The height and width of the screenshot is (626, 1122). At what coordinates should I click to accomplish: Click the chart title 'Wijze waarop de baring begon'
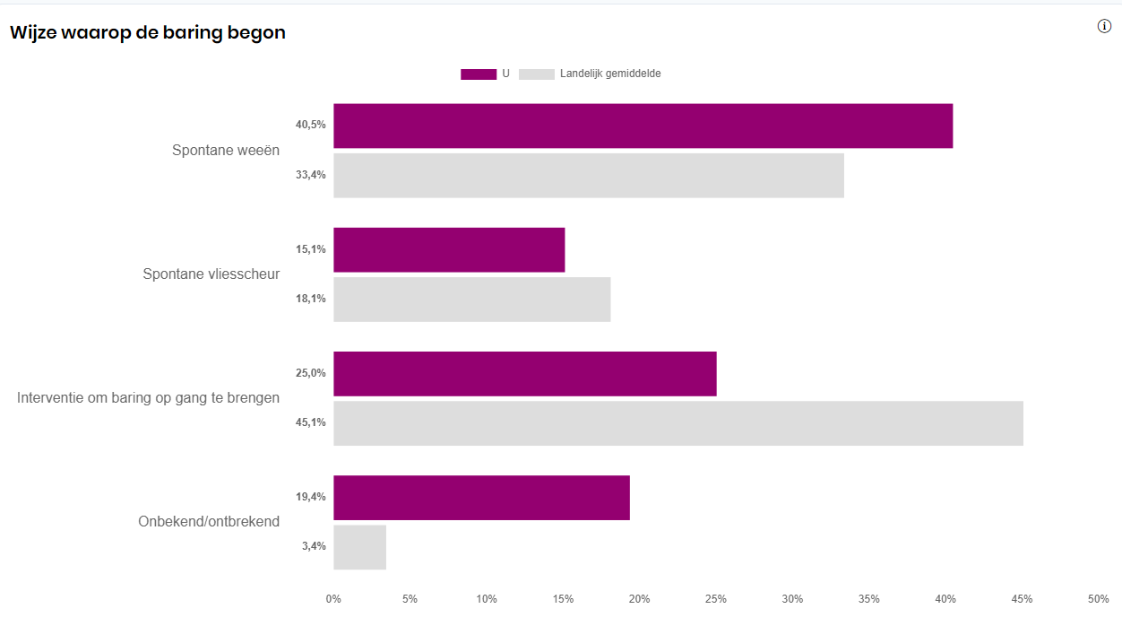tap(148, 33)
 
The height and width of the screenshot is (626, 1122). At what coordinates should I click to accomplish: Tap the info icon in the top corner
tap(1104, 26)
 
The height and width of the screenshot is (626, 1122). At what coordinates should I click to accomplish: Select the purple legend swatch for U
tap(478, 74)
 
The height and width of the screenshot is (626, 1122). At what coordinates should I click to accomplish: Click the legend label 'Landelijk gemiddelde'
tap(609, 74)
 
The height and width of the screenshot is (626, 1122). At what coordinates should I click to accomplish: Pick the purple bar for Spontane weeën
tap(643, 126)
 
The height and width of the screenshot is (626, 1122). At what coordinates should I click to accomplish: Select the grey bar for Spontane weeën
tap(588, 175)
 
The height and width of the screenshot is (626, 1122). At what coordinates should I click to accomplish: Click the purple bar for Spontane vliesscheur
tap(449, 249)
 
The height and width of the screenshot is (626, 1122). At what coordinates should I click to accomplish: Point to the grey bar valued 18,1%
tap(471, 299)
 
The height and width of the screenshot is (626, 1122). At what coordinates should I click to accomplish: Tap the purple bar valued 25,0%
tap(524, 373)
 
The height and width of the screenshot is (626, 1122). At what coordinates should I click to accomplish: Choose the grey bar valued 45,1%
tap(678, 422)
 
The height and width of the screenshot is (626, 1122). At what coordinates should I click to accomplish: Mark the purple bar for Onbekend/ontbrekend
tap(481, 497)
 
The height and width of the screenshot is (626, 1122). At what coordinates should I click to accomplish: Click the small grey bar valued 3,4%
tap(359, 546)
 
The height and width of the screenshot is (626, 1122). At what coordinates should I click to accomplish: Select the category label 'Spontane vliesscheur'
tap(211, 274)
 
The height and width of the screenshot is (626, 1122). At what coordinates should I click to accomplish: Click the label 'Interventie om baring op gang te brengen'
tap(148, 397)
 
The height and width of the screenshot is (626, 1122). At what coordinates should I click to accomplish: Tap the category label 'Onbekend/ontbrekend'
tap(209, 521)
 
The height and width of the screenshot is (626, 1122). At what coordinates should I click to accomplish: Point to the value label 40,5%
tap(310, 125)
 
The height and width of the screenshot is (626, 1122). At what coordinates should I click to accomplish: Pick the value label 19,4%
tap(310, 497)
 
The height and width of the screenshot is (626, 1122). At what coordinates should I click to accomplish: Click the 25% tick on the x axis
tap(715, 598)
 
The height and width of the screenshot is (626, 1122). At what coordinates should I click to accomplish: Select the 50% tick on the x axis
tap(1097, 598)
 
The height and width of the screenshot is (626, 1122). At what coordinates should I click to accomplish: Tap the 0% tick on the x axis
tap(333, 598)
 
